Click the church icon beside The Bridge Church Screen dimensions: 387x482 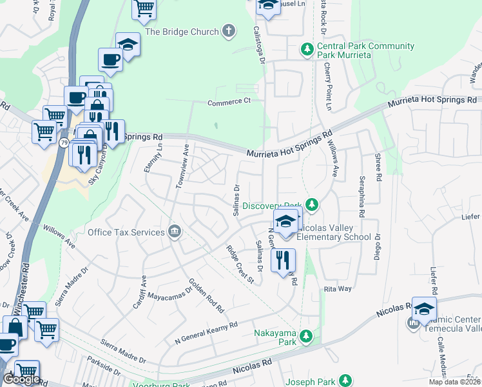(228, 30)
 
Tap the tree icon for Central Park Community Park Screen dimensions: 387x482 (307, 49)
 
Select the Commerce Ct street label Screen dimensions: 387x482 (229, 102)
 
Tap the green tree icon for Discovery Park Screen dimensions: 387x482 (312, 205)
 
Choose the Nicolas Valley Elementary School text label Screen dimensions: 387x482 (335, 237)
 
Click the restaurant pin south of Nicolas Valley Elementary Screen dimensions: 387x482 (283, 260)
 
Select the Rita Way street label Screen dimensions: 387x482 (338, 289)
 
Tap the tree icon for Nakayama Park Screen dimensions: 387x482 (307, 335)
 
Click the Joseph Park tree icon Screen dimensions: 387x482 (346, 380)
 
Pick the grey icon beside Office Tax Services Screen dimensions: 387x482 (174, 232)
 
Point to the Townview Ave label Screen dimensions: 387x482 (182, 166)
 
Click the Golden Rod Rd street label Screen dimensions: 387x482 (206, 295)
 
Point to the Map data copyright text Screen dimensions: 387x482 (452, 382)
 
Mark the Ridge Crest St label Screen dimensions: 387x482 (240, 264)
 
